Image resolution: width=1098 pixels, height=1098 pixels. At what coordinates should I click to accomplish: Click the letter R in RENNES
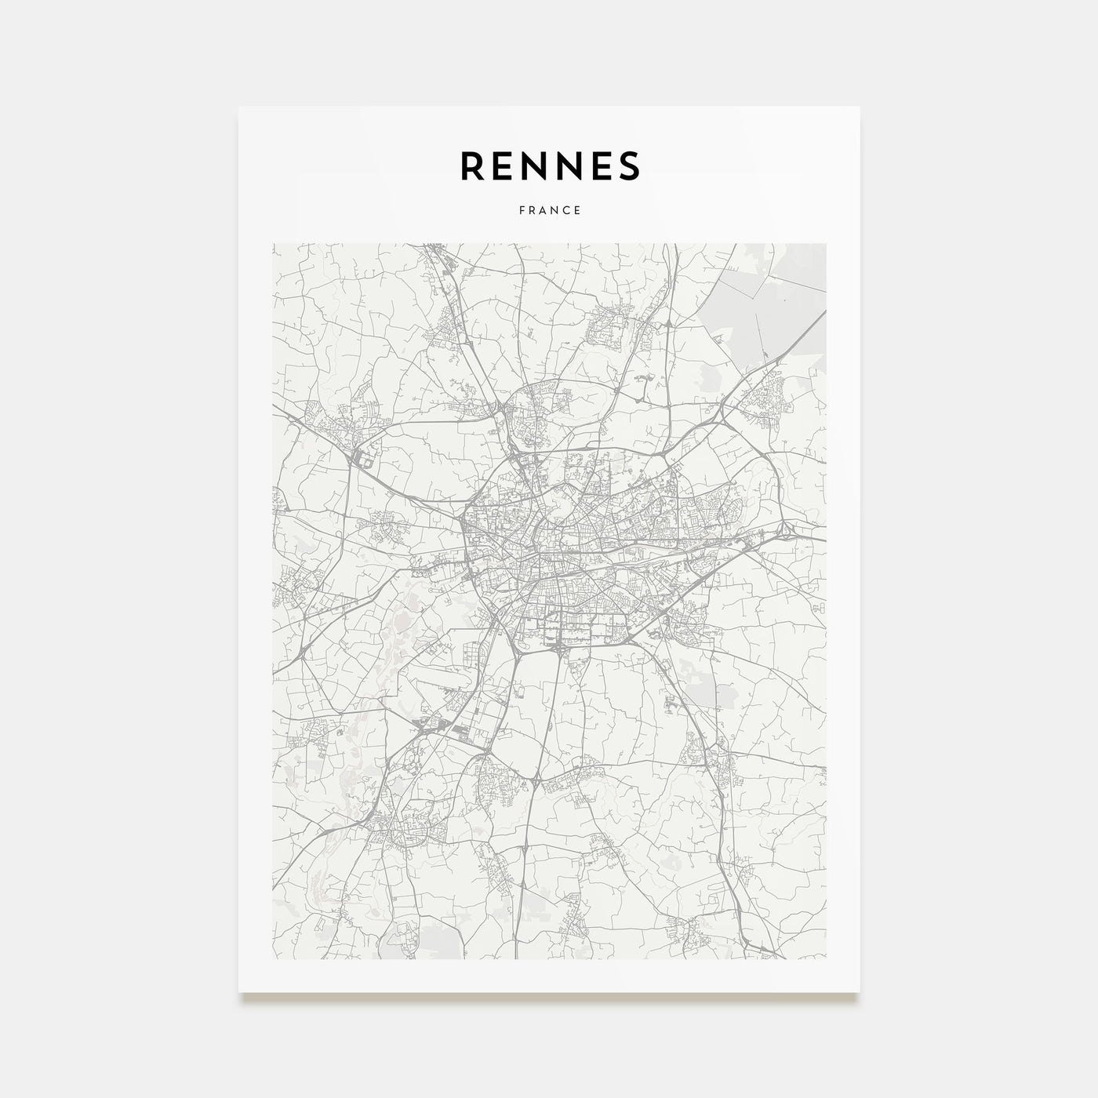[473, 165]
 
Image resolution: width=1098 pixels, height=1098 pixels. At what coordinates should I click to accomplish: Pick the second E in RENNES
[606, 165]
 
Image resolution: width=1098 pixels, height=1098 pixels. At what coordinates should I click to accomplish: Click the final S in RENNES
[631, 165]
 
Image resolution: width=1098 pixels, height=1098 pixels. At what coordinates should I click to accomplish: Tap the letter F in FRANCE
[521, 210]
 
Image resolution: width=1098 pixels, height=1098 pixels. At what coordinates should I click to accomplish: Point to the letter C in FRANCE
[566, 210]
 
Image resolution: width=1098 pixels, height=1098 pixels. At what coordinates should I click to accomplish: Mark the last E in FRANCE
[577, 210]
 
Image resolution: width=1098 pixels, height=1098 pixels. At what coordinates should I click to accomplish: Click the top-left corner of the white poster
[239, 107]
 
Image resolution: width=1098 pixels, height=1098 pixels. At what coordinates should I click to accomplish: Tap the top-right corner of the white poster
[860, 107]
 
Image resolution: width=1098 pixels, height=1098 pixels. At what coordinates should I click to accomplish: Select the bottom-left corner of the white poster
[239, 992]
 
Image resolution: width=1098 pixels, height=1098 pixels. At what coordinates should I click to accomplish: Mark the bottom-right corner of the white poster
[860, 992]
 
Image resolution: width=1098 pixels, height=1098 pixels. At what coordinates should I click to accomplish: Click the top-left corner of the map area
[273, 244]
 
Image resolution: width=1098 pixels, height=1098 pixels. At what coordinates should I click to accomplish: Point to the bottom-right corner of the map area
[826, 959]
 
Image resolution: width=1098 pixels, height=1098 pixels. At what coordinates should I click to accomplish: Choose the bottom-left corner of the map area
[273, 959]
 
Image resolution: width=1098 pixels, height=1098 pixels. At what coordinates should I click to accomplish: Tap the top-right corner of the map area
[826, 244]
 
